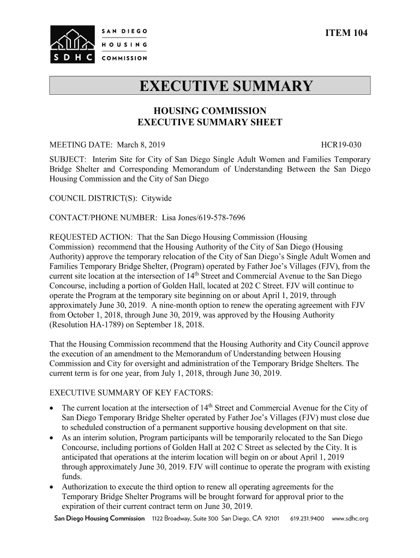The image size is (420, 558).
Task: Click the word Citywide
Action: [157, 198]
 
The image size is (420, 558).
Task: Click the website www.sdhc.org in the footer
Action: [350, 518]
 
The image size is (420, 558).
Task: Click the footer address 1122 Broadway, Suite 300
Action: [185, 518]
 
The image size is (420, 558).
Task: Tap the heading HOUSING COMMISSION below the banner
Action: [209, 111]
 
